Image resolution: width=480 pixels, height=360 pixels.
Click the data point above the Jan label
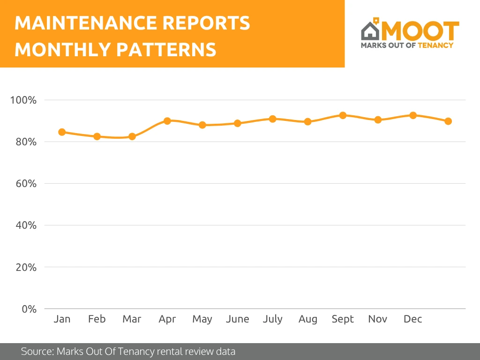[x=62, y=132]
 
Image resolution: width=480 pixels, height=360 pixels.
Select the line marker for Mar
[x=132, y=136]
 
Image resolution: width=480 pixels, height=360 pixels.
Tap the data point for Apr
[x=167, y=121]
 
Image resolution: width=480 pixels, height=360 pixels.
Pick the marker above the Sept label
[x=343, y=115]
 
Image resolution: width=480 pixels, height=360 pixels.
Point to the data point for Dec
[x=413, y=115]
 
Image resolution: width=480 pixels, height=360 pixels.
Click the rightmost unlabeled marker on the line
[x=448, y=121]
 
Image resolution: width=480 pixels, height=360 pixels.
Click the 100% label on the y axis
[x=23, y=100]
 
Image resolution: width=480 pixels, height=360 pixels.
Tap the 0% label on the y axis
[x=29, y=309]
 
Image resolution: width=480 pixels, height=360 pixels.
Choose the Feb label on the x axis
[x=97, y=319]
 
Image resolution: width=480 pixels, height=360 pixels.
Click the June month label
[x=237, y=319]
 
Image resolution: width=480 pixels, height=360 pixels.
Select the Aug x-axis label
[x=307, y=319]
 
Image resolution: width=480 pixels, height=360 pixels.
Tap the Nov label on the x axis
[x=378, y=319]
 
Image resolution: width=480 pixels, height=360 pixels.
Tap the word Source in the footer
[x=36, y=351]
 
